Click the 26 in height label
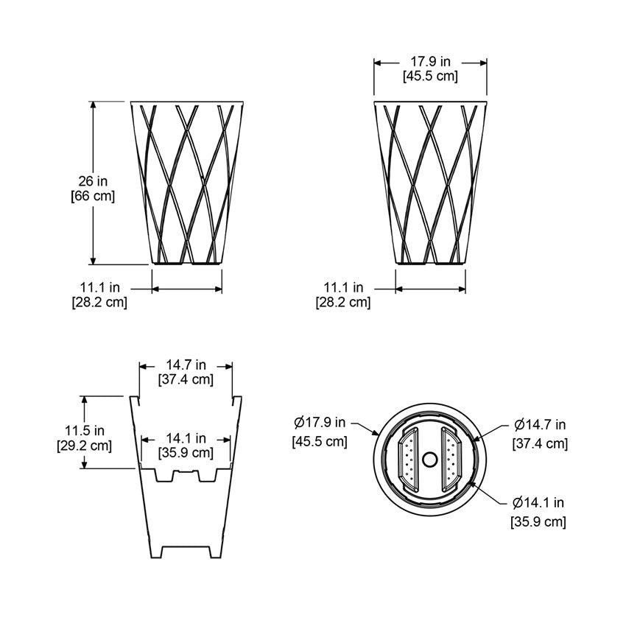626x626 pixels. pyautogui.click(x=93, y=181)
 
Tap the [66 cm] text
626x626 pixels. pyautogui.click(x=93, y=196)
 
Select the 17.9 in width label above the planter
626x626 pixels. pyautogui.click(x=430, y=61)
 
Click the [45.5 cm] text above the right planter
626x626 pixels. pyautogui.click(x=430, y=75)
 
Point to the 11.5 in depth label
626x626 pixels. pyautogui.click(x=85, y=430)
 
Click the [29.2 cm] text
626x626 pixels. pyautogui.click(x=85, y=445)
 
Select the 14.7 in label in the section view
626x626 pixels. pyautogui.click(x=186, y=365)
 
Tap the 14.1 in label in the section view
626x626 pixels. pyautogui.click(x=186, y=438)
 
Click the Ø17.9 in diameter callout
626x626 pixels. pyautogui.click(x=320, y=422)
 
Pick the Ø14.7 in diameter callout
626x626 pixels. pyautogui.click(x=540, y=425)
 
